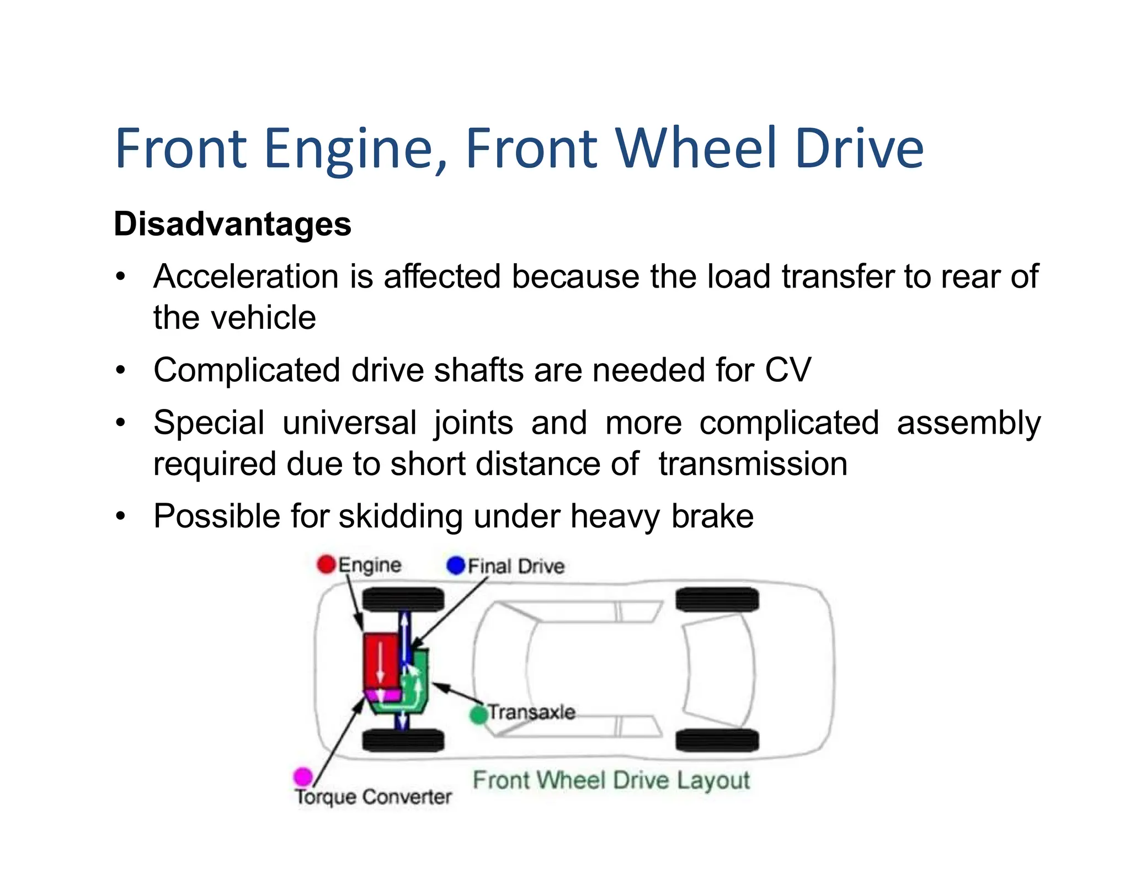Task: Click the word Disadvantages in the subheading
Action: click(x=232, y=225)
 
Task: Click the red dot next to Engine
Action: click(x=326, y=564)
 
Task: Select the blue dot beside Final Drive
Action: click(x=456, y=565)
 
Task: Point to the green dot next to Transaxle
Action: click(x=478, y=715)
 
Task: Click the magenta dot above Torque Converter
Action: click(x=303, y=776)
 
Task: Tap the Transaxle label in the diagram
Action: click(x=531, y=712)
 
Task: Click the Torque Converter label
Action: click(x=374, y=797)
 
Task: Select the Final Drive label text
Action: click(x=516, y=566)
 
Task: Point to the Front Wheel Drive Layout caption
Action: click(x=611, y=780)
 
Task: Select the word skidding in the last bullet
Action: click(x=401, y=517)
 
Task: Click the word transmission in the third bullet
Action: click(x=753, y=464)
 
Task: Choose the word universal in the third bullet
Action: click(x=349, y=423)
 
